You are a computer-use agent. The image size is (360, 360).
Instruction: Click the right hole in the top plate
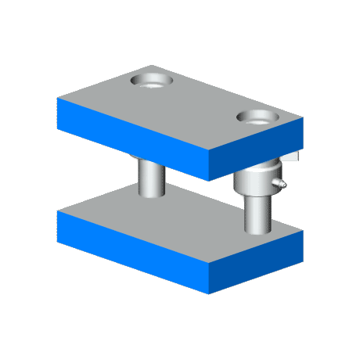pyautogui.click(x=257, y=118)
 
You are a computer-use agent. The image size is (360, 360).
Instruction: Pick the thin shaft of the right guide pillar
pyautogui.click(x=256, y=211)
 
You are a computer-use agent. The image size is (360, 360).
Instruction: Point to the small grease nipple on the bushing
pyautogui.click(x=281, y=184)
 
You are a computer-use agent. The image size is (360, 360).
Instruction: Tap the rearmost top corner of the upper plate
pyautogui.click(x=153, y=66)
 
